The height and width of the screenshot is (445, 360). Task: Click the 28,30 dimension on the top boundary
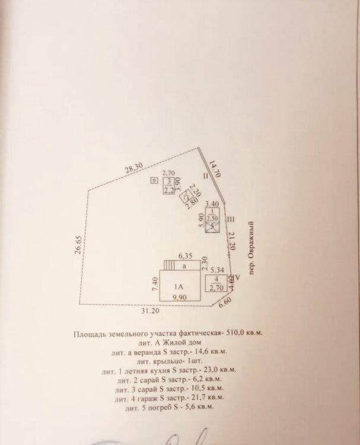pyautogui.click(x=133, y=169)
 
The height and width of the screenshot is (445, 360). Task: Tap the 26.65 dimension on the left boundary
pyautogui.click(x=78, y=246)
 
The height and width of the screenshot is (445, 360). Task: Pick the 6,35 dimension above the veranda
pyautogui.click(x=187, y=256)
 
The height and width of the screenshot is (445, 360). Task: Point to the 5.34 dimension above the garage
pyautogui.click(x=217, y=269)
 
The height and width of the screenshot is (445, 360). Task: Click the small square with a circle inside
pyautogui.click(x=154, y=180)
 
